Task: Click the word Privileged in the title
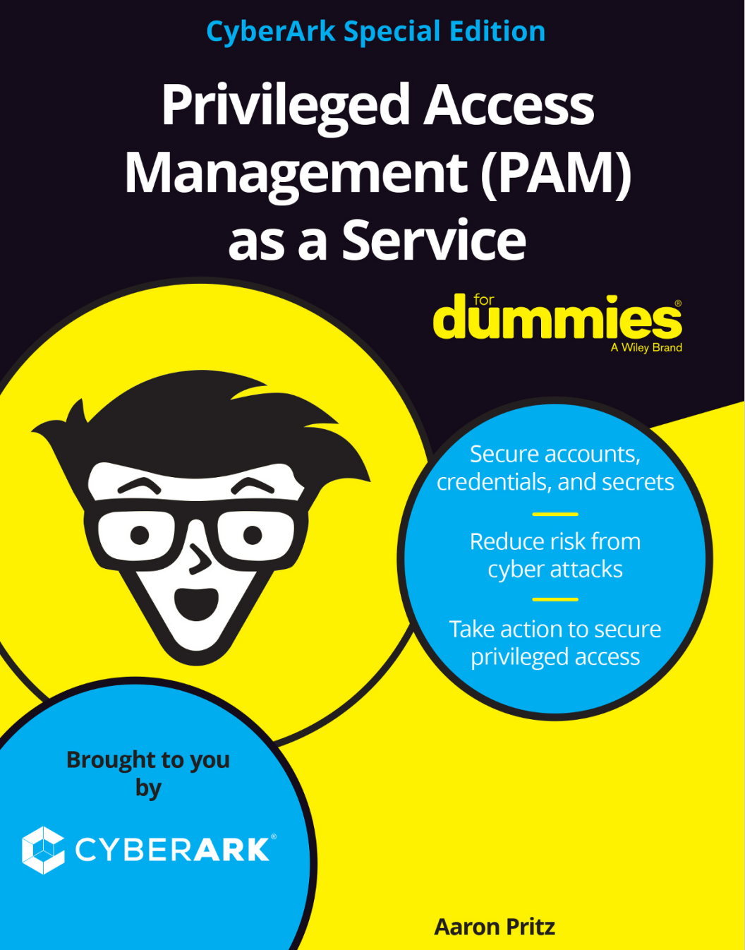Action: click(285, 106)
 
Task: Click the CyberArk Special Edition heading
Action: click(375, 32)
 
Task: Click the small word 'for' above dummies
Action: click(483, 300)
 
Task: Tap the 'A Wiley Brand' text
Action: click(646, 348)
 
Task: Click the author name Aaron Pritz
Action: click(495, 927)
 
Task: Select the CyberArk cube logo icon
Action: click(43, 850)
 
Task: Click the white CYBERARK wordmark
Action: click(172, 850)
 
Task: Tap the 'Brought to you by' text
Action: click(148, 773)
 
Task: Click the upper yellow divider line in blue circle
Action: click(555, 514)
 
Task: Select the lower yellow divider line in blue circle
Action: click(555, 599)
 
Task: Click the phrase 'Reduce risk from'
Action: click(555, 541)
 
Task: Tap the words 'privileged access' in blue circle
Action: click(555, 657)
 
